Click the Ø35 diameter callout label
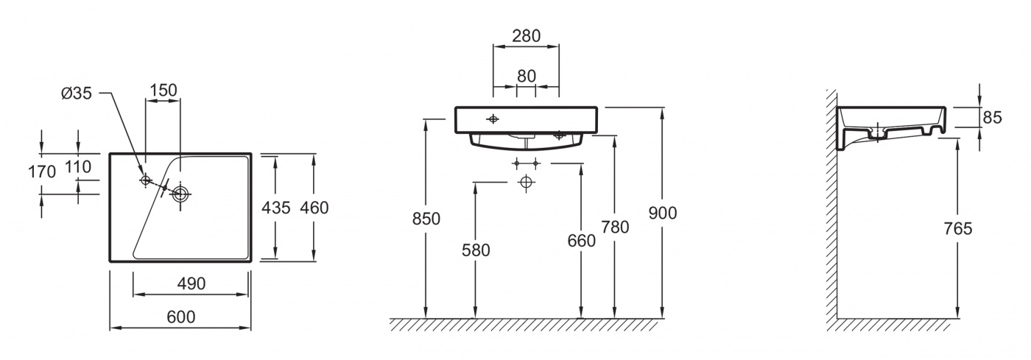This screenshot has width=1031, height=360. tap(77, 93)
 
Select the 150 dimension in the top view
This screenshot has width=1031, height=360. tap(163, 91)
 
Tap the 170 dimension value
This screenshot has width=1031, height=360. tap(42, 172)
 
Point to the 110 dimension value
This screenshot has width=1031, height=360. tap(78, 166)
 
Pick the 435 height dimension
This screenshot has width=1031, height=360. tap(275, 208)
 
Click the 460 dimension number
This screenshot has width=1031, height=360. tap(314, 208)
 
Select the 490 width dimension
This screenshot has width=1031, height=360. tap(191, 283)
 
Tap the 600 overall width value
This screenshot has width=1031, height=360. tap(181, 317)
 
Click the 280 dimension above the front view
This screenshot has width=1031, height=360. tap(526, 35)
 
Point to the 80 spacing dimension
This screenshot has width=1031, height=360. tap(526, 76)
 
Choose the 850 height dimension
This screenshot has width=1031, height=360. tap(426, 219)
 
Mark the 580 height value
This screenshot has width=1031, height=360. tap(476, 250)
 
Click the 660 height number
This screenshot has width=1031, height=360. tap(581, 240)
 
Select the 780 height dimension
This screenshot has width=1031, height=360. tap(615, 227)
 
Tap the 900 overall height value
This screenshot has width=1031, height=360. tap(662, 213)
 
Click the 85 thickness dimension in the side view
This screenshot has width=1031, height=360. tap(993, 117)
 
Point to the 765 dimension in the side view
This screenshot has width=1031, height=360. tap(958, 228)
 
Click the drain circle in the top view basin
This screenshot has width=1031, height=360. tap(180, 194)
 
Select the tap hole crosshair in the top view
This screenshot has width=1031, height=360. tap(146, 180)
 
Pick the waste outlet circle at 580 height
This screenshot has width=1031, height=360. tap(526, 183)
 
